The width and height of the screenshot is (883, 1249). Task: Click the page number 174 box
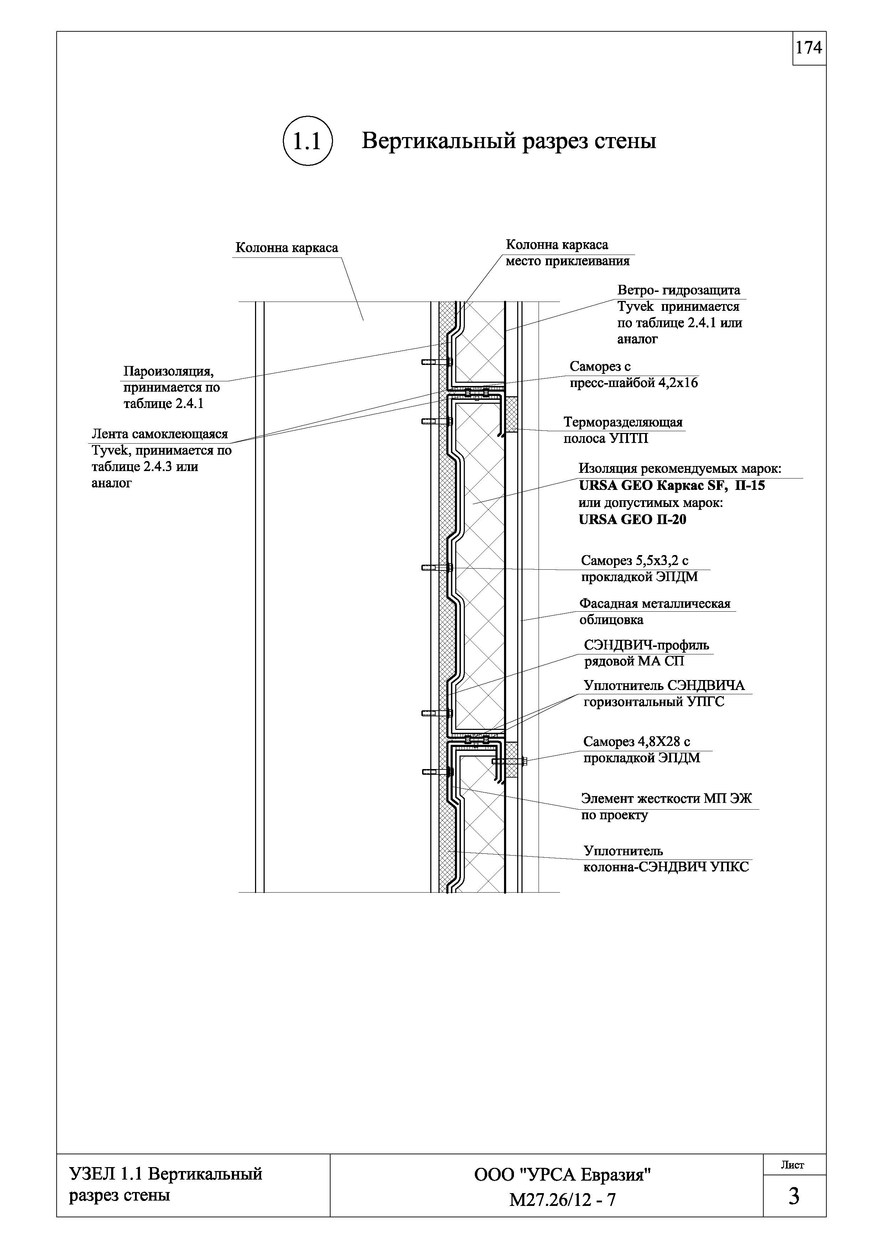(x=809, y=48)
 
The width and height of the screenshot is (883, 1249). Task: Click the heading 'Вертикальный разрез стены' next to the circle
(x=509, y=141)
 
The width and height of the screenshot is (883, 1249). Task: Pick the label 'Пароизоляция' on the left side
(x=168, y=372)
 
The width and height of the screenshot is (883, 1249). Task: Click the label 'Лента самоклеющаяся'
(x=160, y=434)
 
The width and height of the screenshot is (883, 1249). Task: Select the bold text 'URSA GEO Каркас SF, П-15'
(x=671, y=485)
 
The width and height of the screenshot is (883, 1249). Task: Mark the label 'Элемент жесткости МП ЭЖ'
(x=666, y=799)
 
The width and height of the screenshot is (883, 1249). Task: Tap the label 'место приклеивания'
(x=567, y=261)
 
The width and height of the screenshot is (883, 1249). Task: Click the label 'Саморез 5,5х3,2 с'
(x=635, y=560)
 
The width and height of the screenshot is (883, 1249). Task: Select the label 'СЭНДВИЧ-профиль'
(x=646, y=645)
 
